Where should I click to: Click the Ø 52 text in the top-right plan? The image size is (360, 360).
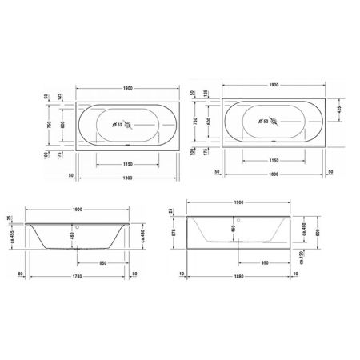point(262,122)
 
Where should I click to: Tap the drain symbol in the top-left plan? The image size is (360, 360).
point(130,122)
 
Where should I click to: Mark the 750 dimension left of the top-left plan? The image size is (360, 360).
point(49,126)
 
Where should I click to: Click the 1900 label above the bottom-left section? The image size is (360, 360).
point(78,210)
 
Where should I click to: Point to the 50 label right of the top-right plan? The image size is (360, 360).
point(331,171)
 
